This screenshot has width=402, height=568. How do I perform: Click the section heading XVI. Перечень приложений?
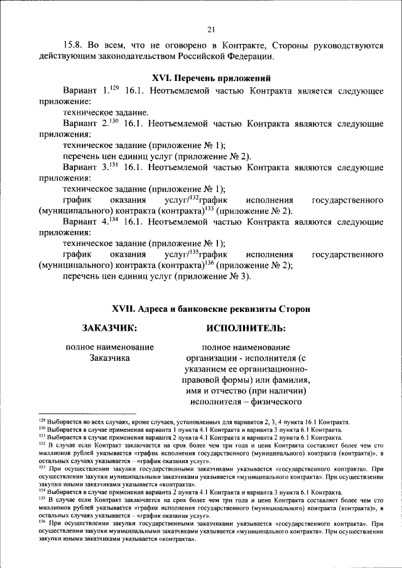(212, 79)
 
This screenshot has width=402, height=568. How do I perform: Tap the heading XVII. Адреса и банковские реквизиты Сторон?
(210, 309)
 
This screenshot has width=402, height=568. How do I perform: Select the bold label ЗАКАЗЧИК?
(109, 328)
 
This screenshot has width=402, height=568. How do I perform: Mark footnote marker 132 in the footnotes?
(41, 444)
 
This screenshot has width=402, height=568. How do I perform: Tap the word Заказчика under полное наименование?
(109, 358)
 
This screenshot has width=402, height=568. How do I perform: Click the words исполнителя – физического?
(246, 403)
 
